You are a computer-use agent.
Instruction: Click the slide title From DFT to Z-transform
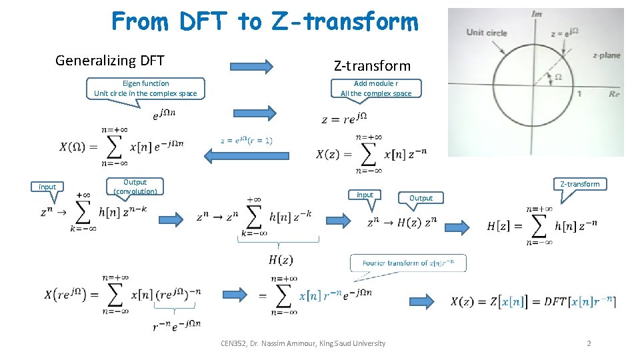[x=265, y=21]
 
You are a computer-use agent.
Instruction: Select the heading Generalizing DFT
[x=109, y=61]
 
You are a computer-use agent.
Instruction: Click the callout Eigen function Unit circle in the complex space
[x=145, y=89]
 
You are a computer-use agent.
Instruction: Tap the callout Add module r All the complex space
[x=376, y=89]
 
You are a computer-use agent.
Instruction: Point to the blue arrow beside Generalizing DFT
[x=251, y=65]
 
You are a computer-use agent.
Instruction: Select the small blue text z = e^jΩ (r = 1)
[x=246, y=140]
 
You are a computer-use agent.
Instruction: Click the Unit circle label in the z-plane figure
[x=486, y=32]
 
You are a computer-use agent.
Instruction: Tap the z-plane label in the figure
[x=606, y=55]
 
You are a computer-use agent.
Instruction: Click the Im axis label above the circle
[x=536, y=14]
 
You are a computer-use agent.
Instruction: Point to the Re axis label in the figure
[x=614, y=94]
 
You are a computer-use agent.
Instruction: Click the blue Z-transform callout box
[x=579, y=183]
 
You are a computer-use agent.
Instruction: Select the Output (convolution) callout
[x=135, y=187]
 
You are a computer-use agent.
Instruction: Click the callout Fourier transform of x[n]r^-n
[x=408, y=263]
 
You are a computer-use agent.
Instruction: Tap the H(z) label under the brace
[x=281, y=259]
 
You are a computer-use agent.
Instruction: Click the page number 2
[x=589, y=343]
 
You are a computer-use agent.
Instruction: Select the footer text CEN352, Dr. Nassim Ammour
[x=303, y=343]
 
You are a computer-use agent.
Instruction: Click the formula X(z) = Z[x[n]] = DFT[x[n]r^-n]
[x=533, y=301]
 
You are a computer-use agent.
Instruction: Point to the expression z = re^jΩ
[x=344, y=119]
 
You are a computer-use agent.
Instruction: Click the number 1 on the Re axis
[x=579, y=93]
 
